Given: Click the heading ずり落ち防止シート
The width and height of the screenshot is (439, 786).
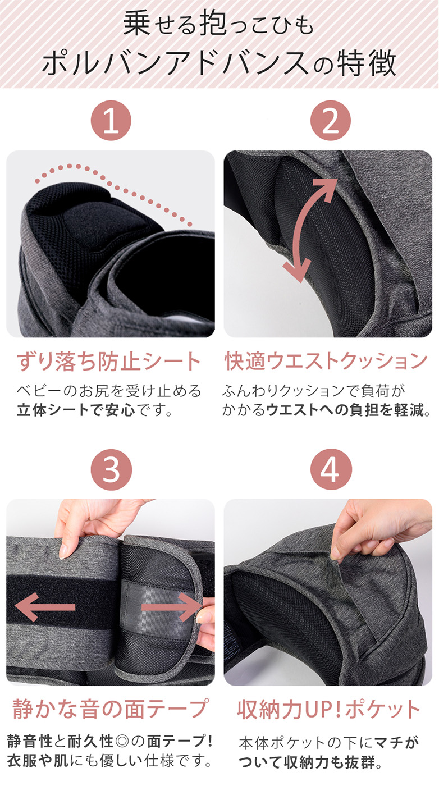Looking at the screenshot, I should tap(109, 362).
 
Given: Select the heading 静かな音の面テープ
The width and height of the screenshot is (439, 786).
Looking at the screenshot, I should tap(110, 709).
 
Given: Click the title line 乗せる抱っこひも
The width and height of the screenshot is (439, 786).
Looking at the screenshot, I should tap(219, 26).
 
